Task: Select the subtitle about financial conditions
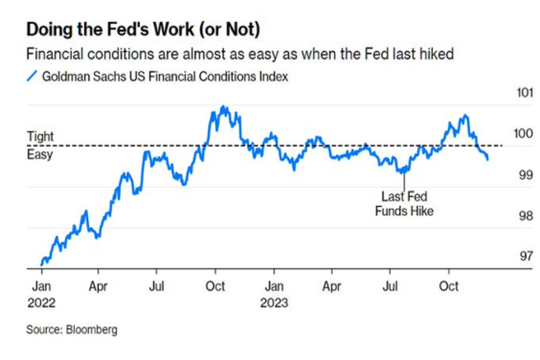pos(239,54)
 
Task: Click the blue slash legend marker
pos(31,76)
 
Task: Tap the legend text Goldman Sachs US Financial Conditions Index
pos(165,76)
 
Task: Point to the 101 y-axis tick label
pos(525,94)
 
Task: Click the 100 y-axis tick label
pos(525,134)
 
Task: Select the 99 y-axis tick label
pos(525,175)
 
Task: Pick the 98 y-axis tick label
pos(525,216)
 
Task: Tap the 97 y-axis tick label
pos(525,256)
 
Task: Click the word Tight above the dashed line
pos(40,136)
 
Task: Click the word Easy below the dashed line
pos(40,154)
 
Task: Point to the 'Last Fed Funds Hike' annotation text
pos(404,203)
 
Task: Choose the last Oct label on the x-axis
pos(448,286)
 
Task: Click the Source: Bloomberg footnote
pos(72,329)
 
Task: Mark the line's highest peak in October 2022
pos(224,107)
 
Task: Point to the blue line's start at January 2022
pos(41,265)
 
